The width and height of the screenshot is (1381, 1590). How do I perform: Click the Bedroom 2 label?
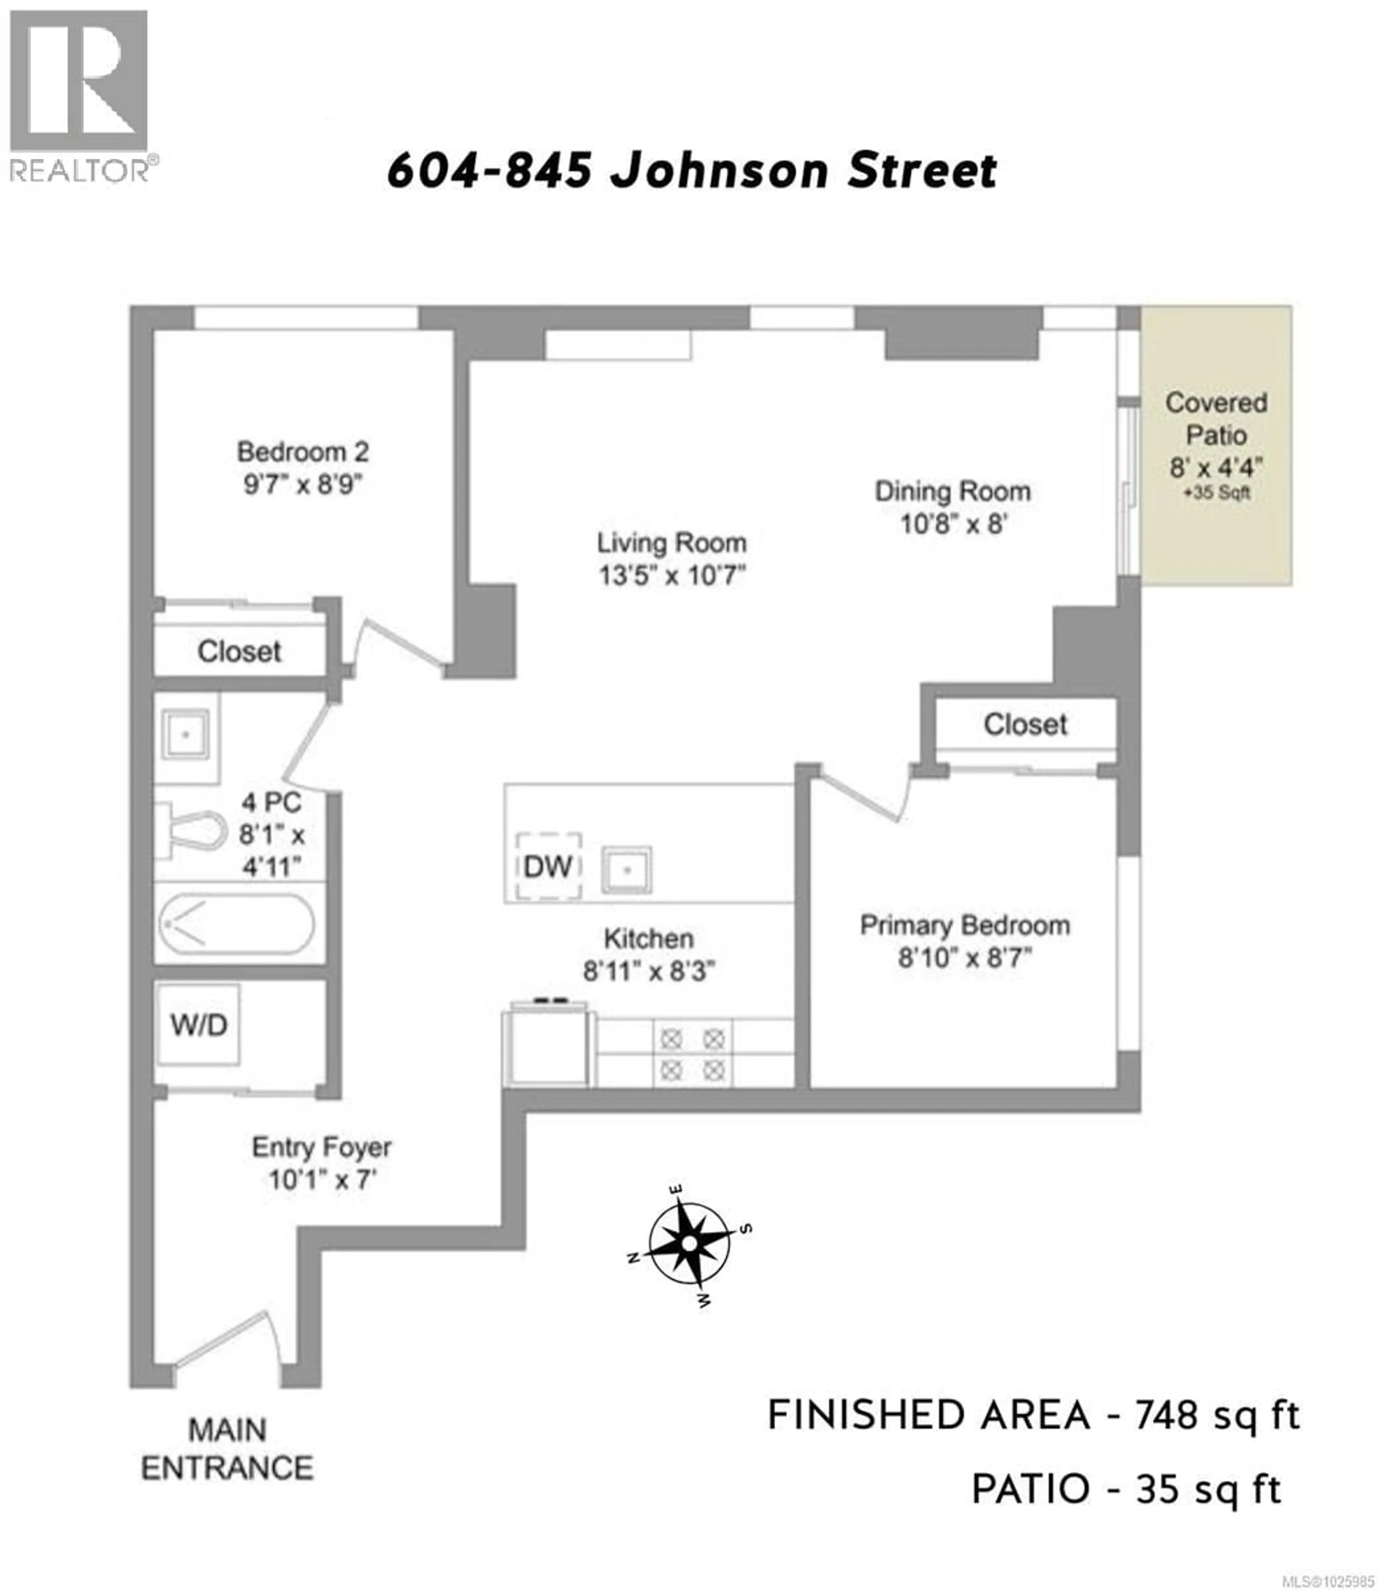tap(303, 452)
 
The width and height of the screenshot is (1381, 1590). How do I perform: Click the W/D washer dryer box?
tap(199, 1025)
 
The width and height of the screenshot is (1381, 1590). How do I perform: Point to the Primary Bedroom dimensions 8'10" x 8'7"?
tap(964, 958)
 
